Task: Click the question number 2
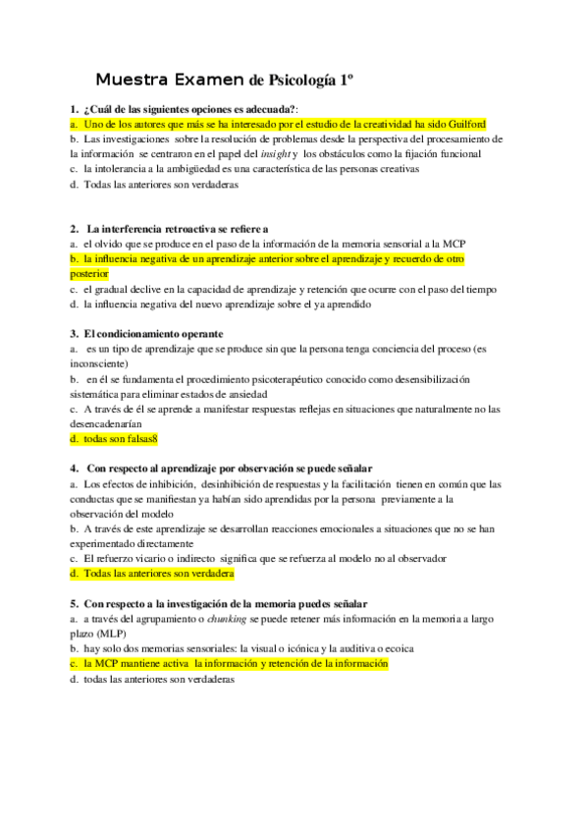coord(74,228)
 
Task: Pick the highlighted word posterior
coord(90,273)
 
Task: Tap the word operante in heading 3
coord(191,334)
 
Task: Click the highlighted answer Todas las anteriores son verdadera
coord(152,573)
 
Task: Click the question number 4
coord(74,469)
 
